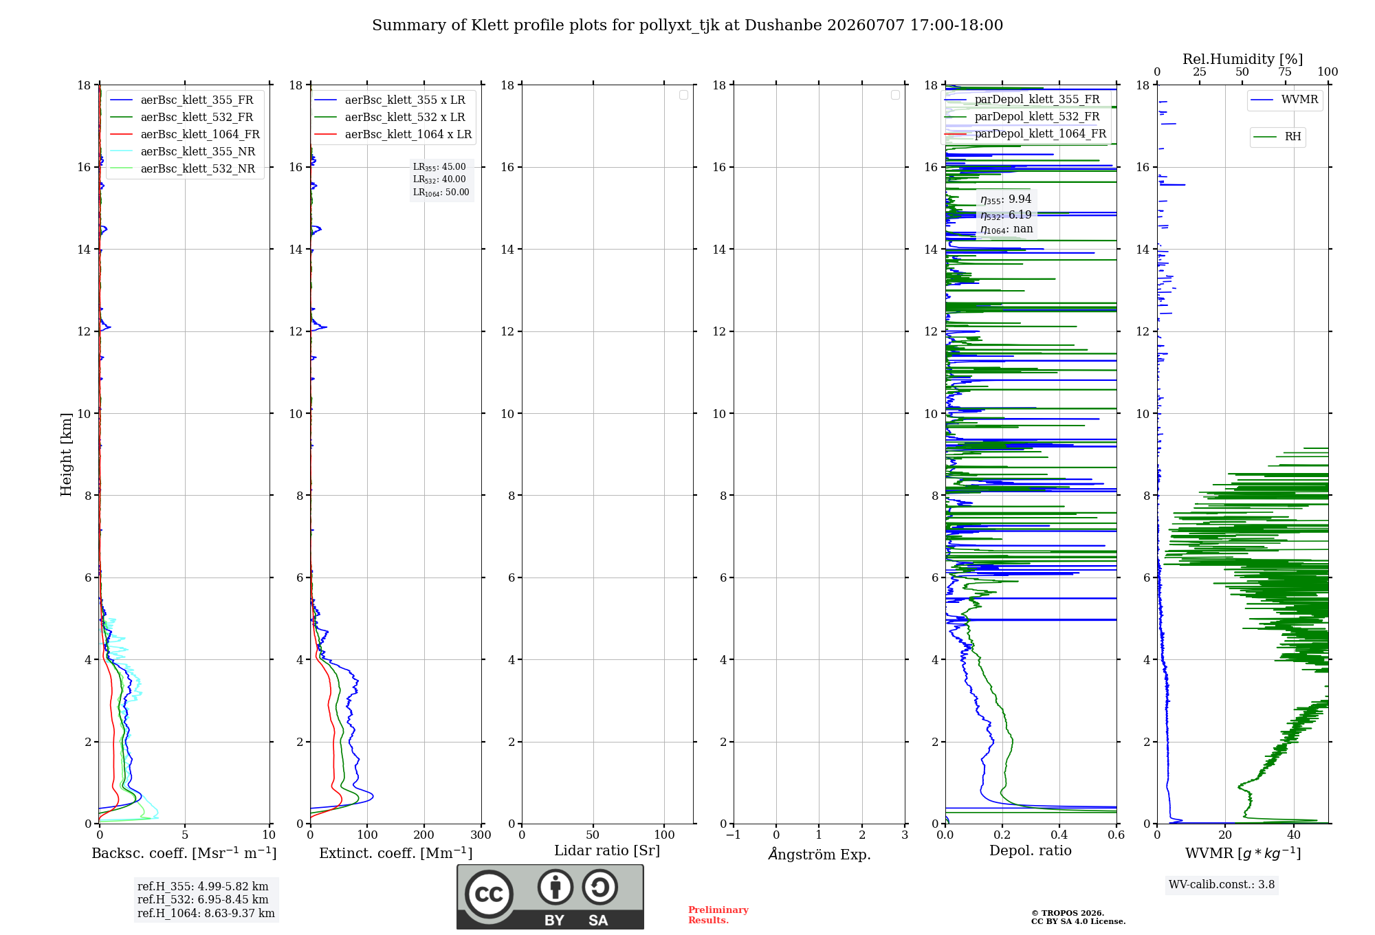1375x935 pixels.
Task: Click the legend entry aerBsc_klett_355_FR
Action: coord(182,100)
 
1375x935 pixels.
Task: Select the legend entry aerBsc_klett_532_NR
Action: coord(182,169)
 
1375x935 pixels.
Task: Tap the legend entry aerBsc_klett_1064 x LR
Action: coord(393,135)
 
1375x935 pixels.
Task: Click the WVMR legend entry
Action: coord(1284,100)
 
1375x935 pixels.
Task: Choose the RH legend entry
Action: coord(1277,137)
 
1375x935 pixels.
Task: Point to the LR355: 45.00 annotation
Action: coord(439,167)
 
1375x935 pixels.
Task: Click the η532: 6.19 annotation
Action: coord(1006,215)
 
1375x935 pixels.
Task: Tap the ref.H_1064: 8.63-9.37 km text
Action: coord(206,914)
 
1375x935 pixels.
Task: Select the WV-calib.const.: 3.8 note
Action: coord(1222,885)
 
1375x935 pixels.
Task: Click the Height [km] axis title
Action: coord(66,454)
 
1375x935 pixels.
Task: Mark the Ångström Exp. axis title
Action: coord(819,854)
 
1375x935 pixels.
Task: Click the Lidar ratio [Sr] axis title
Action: coord(607,851)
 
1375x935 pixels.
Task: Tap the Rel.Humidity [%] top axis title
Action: coord(1243,59)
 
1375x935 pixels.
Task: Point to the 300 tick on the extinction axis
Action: coord(481,835)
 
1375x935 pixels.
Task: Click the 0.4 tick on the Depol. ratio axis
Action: coord(1059,835)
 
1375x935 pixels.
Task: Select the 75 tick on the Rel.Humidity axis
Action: coord(1285,72)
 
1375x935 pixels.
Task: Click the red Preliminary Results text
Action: coord(718,915)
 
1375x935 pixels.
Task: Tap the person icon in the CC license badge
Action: coord(555,887)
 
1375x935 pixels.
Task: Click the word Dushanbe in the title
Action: coord(783,25)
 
